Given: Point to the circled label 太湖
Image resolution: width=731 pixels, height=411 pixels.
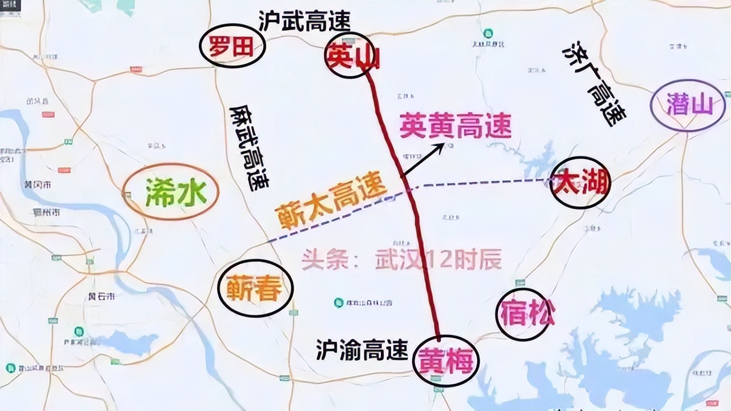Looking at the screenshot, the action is point(580,183).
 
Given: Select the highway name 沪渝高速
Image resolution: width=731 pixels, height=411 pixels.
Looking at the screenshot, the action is point(362,349).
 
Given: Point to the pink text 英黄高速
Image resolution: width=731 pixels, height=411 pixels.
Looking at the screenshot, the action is point(455,126).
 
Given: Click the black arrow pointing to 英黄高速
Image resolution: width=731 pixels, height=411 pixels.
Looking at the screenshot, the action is point(423,160).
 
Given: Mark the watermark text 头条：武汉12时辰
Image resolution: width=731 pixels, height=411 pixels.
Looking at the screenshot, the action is point(402,260).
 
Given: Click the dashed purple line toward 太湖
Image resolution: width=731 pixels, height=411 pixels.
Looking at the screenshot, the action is point(480,183).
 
